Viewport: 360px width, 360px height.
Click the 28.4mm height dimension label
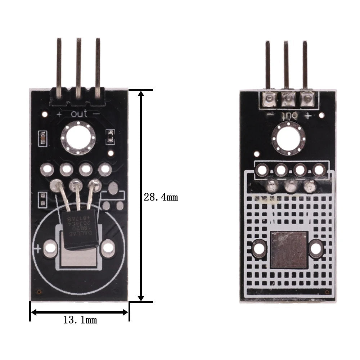coord(161,197)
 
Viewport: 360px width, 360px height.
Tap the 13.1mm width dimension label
coord(80,320)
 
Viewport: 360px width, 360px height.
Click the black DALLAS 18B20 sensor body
coord(79,230)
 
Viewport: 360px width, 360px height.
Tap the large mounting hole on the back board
coord(289,138)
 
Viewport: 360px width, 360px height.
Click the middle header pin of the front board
coord(78,67)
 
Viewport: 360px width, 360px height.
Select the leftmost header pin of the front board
coord(59,67)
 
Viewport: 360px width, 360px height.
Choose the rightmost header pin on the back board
coord(305,65)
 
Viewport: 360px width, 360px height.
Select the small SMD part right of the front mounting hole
coord(111,136)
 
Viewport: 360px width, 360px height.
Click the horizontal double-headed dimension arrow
coord(80,312)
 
